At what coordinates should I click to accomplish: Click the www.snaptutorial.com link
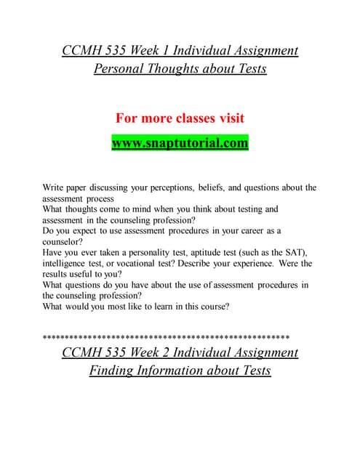(180, 143)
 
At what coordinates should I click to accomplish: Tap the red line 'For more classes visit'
(180, 118)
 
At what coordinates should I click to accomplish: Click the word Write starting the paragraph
(55, 187)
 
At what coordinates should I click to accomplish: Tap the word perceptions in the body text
(164, 187)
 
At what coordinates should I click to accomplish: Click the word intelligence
(66, 264)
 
